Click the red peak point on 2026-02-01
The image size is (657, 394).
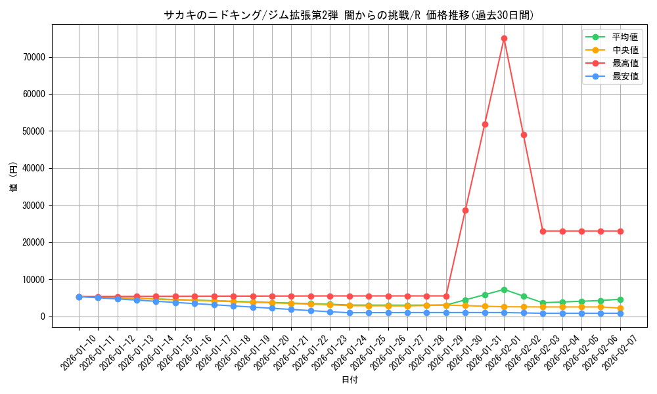(504, 38)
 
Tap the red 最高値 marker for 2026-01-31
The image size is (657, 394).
(485, 124)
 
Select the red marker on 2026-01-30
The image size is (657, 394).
(465, 210)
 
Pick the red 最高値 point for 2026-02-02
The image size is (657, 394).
(524, 135)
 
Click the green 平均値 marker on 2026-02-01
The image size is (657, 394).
(504, 290)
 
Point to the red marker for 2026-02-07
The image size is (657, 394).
(620, 231)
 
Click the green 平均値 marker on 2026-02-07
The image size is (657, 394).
(620, 299)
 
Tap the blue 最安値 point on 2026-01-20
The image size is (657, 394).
(272, 308)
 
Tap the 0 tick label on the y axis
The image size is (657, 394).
(43, 317)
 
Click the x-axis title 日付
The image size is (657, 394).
(350, 380)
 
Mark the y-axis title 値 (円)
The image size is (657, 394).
(13, 177)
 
